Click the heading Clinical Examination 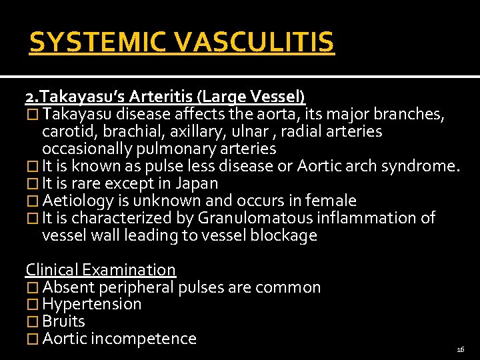[x=101, y=270]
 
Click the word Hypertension [x=92, y=305]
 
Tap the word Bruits [x=63, y=321]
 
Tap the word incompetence [x=143, y=339]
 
